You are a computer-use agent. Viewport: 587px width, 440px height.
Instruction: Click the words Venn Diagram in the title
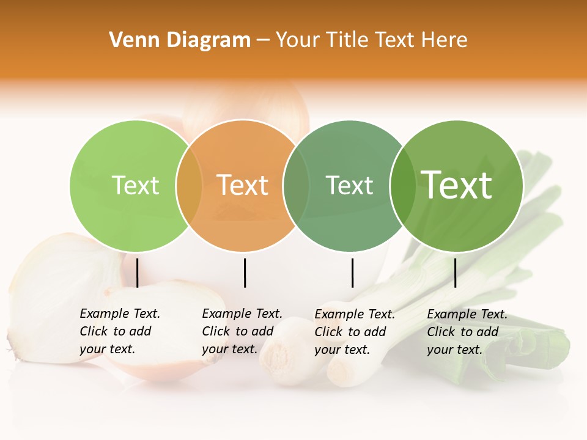pyautogui.click(x=180, y=40)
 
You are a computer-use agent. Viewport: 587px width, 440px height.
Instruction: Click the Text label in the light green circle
pyautogui.click(x=135, y=185)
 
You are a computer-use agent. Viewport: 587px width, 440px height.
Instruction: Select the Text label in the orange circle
pyautogui.click(x=243, y=185)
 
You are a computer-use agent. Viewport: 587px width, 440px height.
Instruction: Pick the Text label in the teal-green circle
pyautogui.click(x=349, y=185)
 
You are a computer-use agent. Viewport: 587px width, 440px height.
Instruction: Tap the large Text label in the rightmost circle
pyautogui.click(x=457, y=185)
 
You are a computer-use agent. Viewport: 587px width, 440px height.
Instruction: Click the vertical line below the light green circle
pyautogui.click(x=138, y=273)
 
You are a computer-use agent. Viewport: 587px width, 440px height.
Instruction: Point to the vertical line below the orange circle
pyautogui.click(x=245, y=273)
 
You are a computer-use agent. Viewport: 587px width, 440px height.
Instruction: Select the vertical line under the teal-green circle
pyautogui.click(x=352, y=273)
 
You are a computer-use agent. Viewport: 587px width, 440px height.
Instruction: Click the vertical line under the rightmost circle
pyautogui.click(x=455, y=273)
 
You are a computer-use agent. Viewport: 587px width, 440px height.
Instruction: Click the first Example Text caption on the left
pyautogui.click(x=119, y=331)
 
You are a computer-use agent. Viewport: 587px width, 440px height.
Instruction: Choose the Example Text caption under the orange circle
pyautogui.click(x=242, y=331)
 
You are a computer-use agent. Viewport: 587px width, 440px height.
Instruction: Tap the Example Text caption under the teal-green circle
pyautogui.click(x=354, y=332)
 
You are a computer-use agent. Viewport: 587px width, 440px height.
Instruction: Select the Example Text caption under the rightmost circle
pyautogui.click(x=467, y=332)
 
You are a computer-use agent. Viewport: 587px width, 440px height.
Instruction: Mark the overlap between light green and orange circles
pyautogui.click(x=189, y=186)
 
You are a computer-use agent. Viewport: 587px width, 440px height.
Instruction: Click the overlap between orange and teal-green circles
pyautogui.click(x=296, y=186)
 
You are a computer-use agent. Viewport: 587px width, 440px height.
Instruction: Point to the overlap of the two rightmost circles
pyautogui.click(x=403, y=186)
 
